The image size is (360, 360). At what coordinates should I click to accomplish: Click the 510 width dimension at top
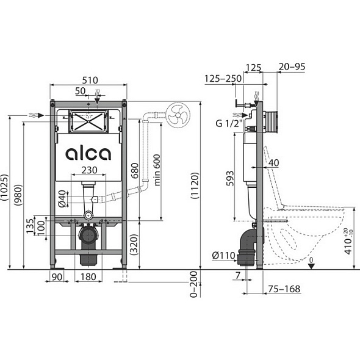click(x=90, y=80)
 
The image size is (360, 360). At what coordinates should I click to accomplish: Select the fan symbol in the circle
click(x=178, y=115)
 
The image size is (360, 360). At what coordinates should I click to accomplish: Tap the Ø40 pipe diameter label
click(x=62, y=199)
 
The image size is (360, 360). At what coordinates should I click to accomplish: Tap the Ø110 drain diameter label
click(x=223, y=256)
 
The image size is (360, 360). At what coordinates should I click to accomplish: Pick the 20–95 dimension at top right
click(x=292, y=67)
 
